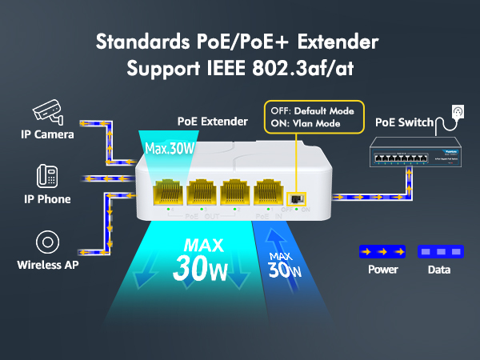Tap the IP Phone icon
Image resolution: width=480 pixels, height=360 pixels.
46,176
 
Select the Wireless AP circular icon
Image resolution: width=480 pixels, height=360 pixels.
48,242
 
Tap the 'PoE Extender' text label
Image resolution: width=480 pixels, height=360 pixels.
213,122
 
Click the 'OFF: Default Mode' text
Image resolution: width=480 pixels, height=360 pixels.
314,110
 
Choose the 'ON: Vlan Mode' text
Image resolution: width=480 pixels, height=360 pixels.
306,123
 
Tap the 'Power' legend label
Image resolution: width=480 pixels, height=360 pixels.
382,270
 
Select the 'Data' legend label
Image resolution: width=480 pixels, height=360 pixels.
439,270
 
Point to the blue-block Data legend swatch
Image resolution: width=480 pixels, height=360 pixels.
439,251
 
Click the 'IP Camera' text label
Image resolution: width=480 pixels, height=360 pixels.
47,134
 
